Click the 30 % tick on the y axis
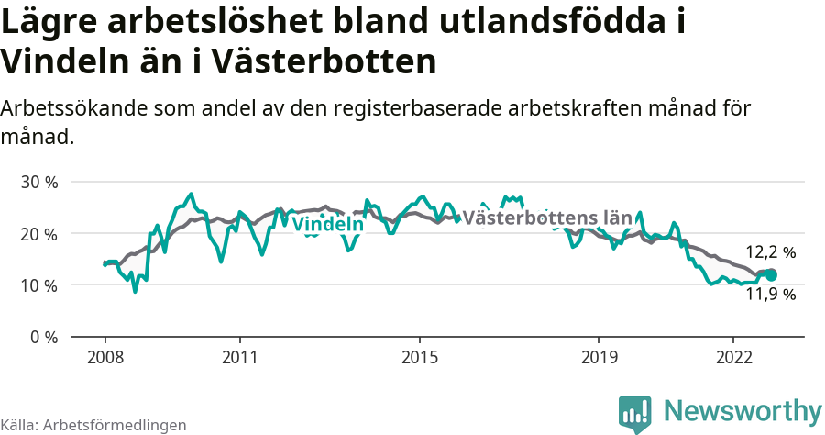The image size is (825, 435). [x=38, y=182]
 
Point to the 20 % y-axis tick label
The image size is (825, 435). [x=38, y=233]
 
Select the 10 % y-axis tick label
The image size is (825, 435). [x=38, y=285]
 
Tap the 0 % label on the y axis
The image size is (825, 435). [x=43, y=337]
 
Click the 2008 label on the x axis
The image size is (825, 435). [x=104, y=356]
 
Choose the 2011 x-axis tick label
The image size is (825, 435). [x=239, y=356]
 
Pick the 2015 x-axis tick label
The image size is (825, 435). [x=419, y=356]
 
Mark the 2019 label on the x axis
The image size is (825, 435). [x=599, y=356]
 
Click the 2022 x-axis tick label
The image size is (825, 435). [x=733, y=356]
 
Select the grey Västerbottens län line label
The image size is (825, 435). [x=547, y=218]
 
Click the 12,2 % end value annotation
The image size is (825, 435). [x=770, y=251]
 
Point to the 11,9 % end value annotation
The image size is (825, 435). [x=770, y=295]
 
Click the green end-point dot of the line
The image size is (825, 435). [x=771, y=274]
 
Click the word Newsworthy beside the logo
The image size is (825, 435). [x=742, y=410]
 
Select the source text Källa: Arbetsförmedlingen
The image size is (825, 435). [x=93, y=425]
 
